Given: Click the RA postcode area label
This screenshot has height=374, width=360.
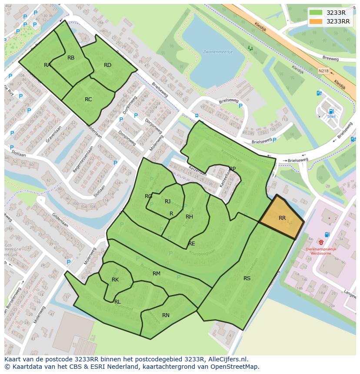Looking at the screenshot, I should tap(47, 65).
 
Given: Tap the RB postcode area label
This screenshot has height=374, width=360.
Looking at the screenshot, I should tap(71, 58).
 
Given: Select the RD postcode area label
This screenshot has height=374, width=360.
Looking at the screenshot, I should tap(107, 65).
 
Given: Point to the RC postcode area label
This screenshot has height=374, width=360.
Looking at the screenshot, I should tap(88, 99).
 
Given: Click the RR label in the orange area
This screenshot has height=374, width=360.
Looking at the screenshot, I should tap(282, 218).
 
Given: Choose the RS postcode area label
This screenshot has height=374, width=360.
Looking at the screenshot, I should tap(247, 278).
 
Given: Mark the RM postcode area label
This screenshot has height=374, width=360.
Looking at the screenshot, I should tap(157, 274).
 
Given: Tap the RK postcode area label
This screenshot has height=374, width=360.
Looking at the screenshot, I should tap(115, 280).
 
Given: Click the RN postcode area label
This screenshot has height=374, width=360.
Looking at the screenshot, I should tap(166, 315).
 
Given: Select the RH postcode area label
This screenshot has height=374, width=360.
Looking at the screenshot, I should tap(189, 217).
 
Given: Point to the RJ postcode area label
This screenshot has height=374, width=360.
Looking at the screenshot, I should tap(167, 202).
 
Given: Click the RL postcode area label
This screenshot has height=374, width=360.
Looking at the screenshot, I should tap(117, 301).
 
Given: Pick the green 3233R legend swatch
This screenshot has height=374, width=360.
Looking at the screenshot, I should tap(316, 13).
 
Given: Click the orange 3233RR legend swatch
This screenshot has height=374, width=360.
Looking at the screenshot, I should tap(316, 21).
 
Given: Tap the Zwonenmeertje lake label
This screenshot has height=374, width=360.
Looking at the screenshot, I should tap(218, 52).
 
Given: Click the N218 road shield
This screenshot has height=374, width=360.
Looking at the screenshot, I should tap(323, 70).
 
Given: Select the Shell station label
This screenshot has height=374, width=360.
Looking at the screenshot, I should tap(331, 116).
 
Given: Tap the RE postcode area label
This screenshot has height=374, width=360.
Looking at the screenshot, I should tap(192, 244).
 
